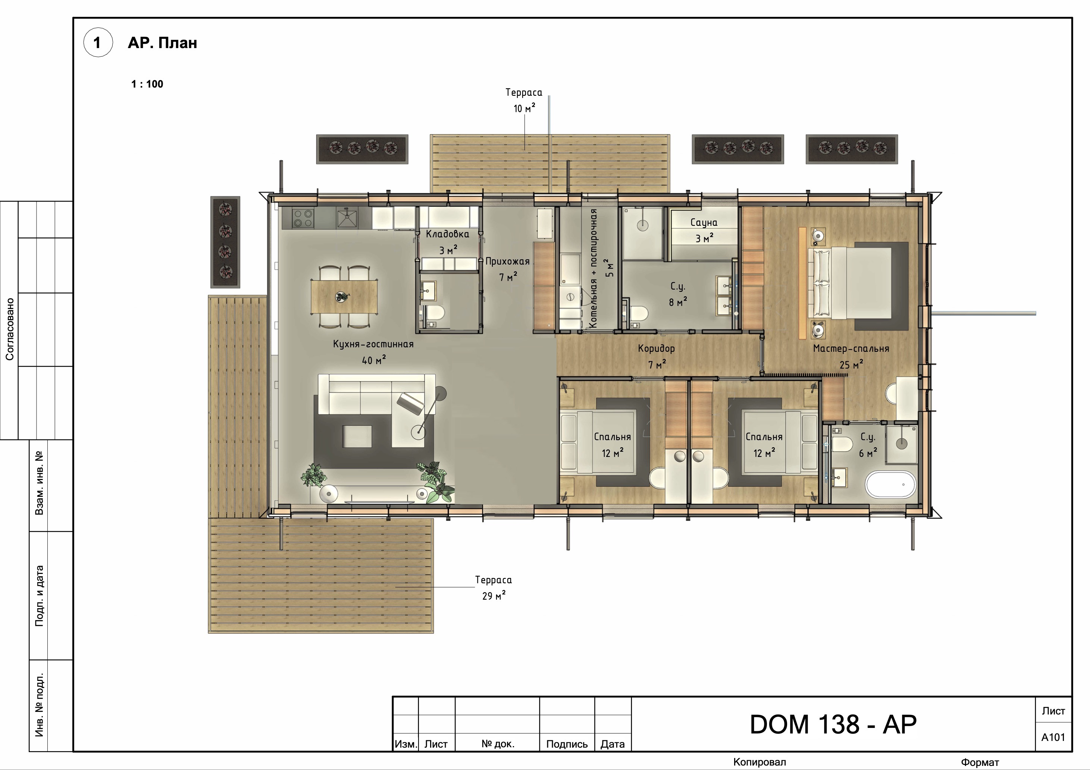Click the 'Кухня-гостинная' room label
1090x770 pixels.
coord(373,344)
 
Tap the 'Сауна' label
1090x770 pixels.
coord(704,223)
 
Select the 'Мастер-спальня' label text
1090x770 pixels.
coord(851,349)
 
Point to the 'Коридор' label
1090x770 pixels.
coord(656,349)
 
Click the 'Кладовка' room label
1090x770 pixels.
coord(447,234)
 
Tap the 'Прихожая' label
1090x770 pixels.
coord(507,261)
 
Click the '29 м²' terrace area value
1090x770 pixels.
coord(494,596)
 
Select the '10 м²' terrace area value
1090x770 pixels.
coord(524,108)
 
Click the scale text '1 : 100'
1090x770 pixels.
coord(147,84)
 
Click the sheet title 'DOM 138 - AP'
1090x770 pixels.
coord(833,725)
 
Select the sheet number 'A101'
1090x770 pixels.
coord(1053,737)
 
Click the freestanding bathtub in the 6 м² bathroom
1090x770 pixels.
coord(890,484)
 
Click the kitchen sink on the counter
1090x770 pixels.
coord(347,219)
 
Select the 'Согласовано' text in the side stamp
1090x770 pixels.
coord(9,329)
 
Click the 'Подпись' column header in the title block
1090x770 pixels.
coord(567,744)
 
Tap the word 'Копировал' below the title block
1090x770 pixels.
coord(759,762)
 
